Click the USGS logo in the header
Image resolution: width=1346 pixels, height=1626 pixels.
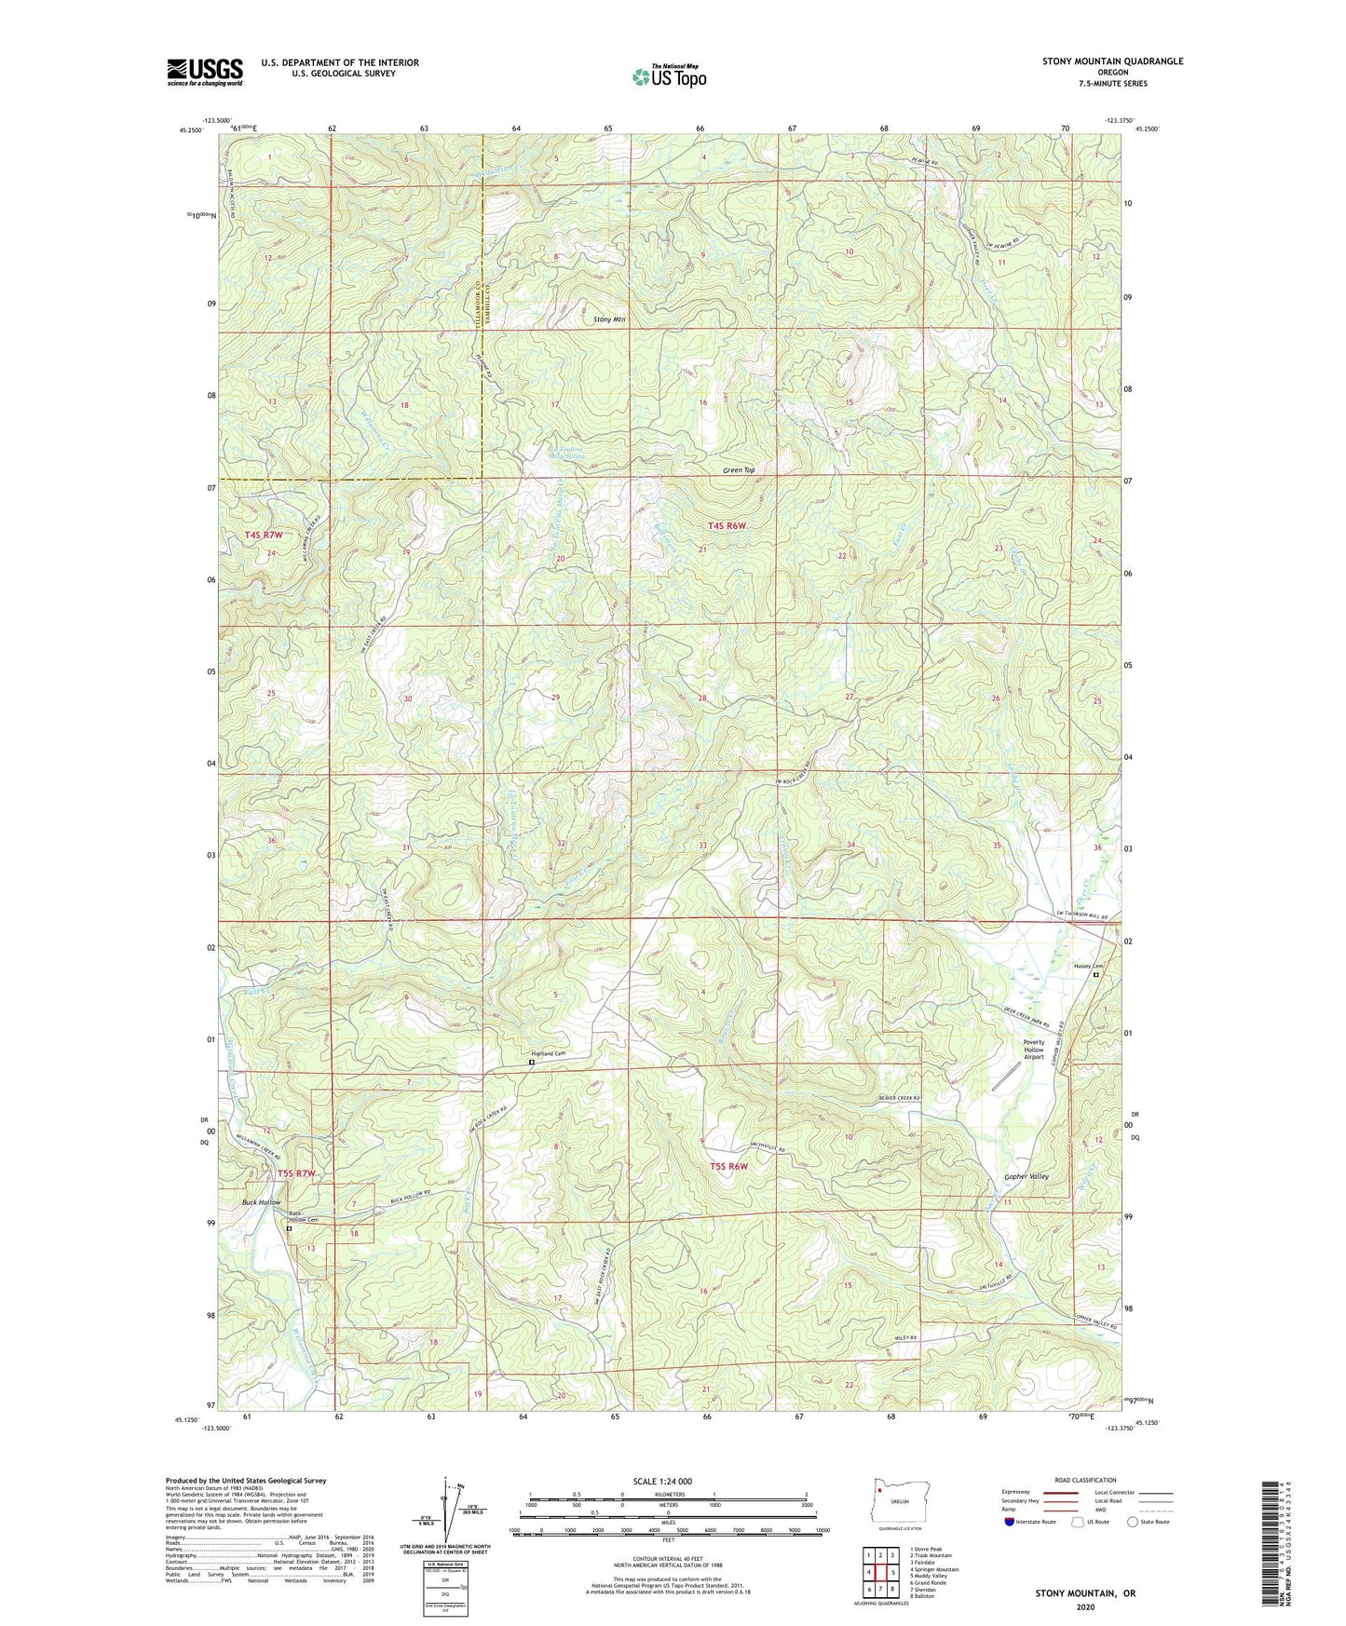click(205, 72)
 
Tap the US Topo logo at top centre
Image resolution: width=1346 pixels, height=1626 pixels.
click(668, 76)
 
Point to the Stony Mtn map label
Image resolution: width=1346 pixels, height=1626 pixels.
click(609, 319)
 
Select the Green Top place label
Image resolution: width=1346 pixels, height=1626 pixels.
click(739, 470)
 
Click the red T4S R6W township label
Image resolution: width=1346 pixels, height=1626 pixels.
click(727, 526)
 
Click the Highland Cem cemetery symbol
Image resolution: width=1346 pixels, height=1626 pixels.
click(532, 1062)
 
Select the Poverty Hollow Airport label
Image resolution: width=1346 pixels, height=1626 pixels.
click(1034, 1050)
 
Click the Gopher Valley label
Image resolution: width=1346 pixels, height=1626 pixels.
click(1026, 1176)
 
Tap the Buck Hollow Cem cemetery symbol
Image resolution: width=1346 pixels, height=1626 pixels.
click(289, 1228)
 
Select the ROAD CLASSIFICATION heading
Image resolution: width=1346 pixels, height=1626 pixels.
click(1085, 1480)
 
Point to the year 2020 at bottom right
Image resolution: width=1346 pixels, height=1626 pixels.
click(1085, 1606)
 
